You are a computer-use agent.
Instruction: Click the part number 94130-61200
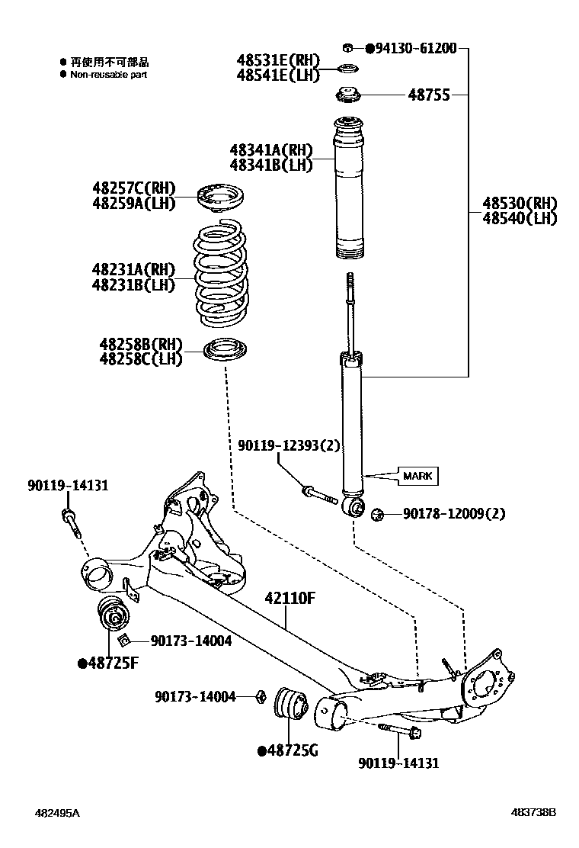(x=416, y=49)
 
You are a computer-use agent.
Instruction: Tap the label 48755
(x=429, y=95)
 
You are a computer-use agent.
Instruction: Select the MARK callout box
(x=417, y=476)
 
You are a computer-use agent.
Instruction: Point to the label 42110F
(x=290, y=597)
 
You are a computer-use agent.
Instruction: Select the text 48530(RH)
(x=520, y=204)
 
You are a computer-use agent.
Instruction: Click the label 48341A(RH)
(x=271, y=150)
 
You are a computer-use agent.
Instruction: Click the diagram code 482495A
(x=56, y=813)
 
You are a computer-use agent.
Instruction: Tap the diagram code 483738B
(x=533, y=813)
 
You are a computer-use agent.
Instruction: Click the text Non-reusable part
(x=109, y=75)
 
